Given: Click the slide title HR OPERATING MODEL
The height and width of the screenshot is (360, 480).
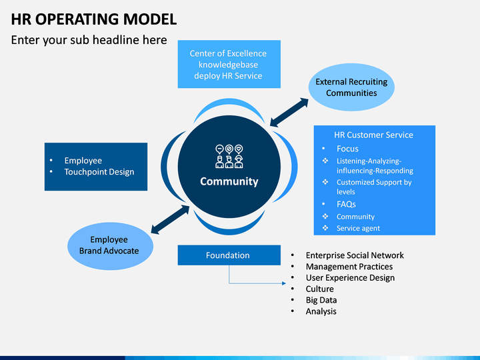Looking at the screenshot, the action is [x=94, y=19].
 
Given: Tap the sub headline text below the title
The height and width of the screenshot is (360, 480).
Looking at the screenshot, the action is [x=89, y=40].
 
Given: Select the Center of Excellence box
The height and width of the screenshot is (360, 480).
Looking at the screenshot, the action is [x=229, y=64].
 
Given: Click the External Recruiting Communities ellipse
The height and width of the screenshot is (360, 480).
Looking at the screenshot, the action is [x=351, y=87].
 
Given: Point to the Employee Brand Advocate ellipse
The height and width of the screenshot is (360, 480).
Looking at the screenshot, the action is [x=110, y=246].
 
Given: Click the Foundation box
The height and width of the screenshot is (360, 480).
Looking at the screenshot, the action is [x=229, y=255].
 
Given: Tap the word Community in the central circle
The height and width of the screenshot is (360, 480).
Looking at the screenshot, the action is [x=229, y=181].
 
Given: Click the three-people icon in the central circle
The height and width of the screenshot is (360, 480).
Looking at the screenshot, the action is [x=229, y=157].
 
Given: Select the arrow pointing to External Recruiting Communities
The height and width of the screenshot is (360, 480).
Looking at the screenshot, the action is [x=289, y=112].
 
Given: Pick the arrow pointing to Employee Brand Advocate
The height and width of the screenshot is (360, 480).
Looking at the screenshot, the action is [x=170, y=219].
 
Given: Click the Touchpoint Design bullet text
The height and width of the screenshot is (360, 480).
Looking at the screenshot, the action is [x=99, y=172].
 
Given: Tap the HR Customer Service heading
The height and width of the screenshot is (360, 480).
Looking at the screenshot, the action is [x=373, y=135].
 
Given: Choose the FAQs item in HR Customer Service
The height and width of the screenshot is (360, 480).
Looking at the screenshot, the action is [x=346, y=204].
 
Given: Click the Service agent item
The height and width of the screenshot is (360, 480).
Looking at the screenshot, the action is [x=358, y=229].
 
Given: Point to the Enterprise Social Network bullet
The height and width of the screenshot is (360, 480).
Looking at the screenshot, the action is [x=355, y=255].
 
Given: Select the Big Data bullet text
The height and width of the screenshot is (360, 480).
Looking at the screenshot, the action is [x=321, y=300].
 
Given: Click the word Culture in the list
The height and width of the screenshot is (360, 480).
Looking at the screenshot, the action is [x=319, y=289].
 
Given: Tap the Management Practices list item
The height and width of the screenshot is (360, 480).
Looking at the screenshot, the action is [x=349, y=267].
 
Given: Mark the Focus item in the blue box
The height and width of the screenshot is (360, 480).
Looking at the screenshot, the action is [x=347, y=149].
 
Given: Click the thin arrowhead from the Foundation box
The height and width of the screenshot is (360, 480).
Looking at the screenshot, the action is [x=284, y=283].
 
